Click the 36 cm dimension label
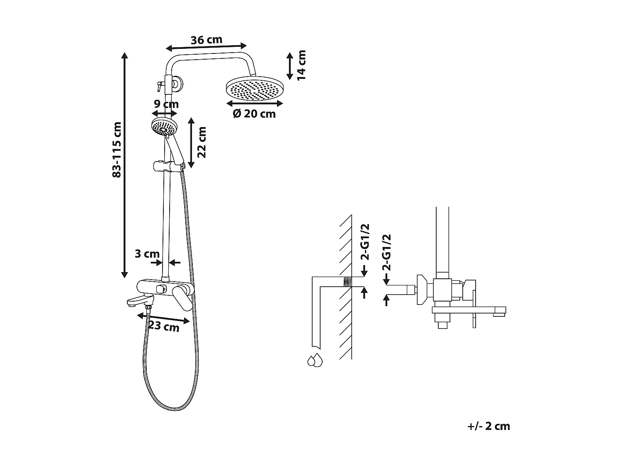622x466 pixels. (x=207, y=40)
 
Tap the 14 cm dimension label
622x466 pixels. (x=301, y=65)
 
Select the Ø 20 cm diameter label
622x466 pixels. (x=254, y=113)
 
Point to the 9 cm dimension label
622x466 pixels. (x=165, y=104)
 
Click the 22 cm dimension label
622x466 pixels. (x=202, y=142)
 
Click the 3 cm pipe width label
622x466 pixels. (x=147, y=254)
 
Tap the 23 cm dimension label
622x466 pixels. (x=164, y=326)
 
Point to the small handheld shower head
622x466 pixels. (x=164, y=126)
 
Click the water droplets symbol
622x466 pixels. (x=315, y=360)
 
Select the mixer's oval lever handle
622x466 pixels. (x=183, y=297)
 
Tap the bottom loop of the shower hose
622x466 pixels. (x=170, y=408)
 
